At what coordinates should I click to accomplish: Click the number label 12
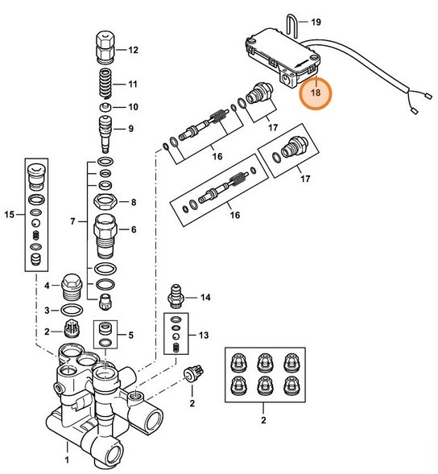(133, 50)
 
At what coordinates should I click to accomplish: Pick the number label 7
(72, 221)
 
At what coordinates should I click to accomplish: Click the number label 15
(10, 214)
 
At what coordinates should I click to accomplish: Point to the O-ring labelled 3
(72, 310)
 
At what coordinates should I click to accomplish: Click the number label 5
(133, 335)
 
